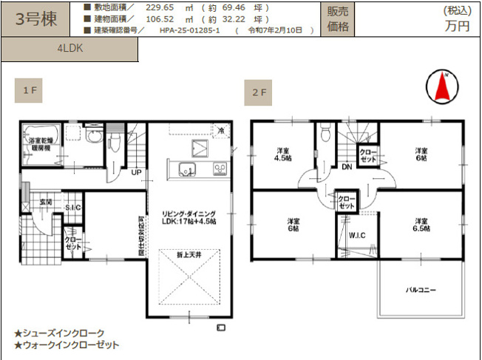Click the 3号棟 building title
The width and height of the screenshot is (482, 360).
[x=36, y=19]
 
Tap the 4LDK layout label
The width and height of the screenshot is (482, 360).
[x=69, y=49]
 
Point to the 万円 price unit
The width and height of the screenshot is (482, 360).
[x=457, y=25]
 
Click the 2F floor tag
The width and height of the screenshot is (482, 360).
[x=258, y=94]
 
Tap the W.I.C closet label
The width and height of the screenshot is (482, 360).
[x=358, y=235]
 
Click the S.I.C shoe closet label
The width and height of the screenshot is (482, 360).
[x=72, y=208]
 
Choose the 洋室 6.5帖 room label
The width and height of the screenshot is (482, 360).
[x=421, y=224]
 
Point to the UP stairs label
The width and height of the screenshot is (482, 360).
[x=136, y=173]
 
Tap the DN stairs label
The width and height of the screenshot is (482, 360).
[x=346, y=167]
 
